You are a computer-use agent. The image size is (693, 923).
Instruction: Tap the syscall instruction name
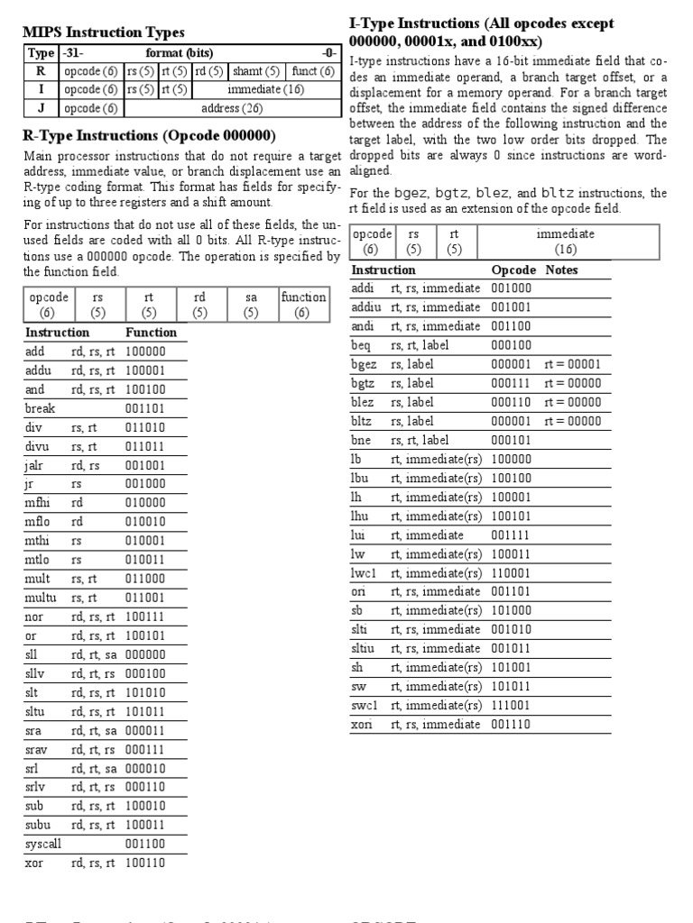coord(43,844)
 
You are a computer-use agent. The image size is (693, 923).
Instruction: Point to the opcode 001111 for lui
coord(511,535)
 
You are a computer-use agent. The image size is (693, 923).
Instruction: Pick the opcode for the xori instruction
coord(511,724)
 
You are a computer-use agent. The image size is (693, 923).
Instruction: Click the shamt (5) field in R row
coord(255,71)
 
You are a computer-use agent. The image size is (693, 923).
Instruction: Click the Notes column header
coord(561,270)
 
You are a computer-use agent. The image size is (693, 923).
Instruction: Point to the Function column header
coord(151,332)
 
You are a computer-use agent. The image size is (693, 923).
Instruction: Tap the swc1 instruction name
coord(365,705)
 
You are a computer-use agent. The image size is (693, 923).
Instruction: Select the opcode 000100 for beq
coord(511,345)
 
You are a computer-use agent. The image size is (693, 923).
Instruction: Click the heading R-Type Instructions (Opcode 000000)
coord(148,136)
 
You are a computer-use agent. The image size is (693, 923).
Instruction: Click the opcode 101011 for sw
coord(511,686)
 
